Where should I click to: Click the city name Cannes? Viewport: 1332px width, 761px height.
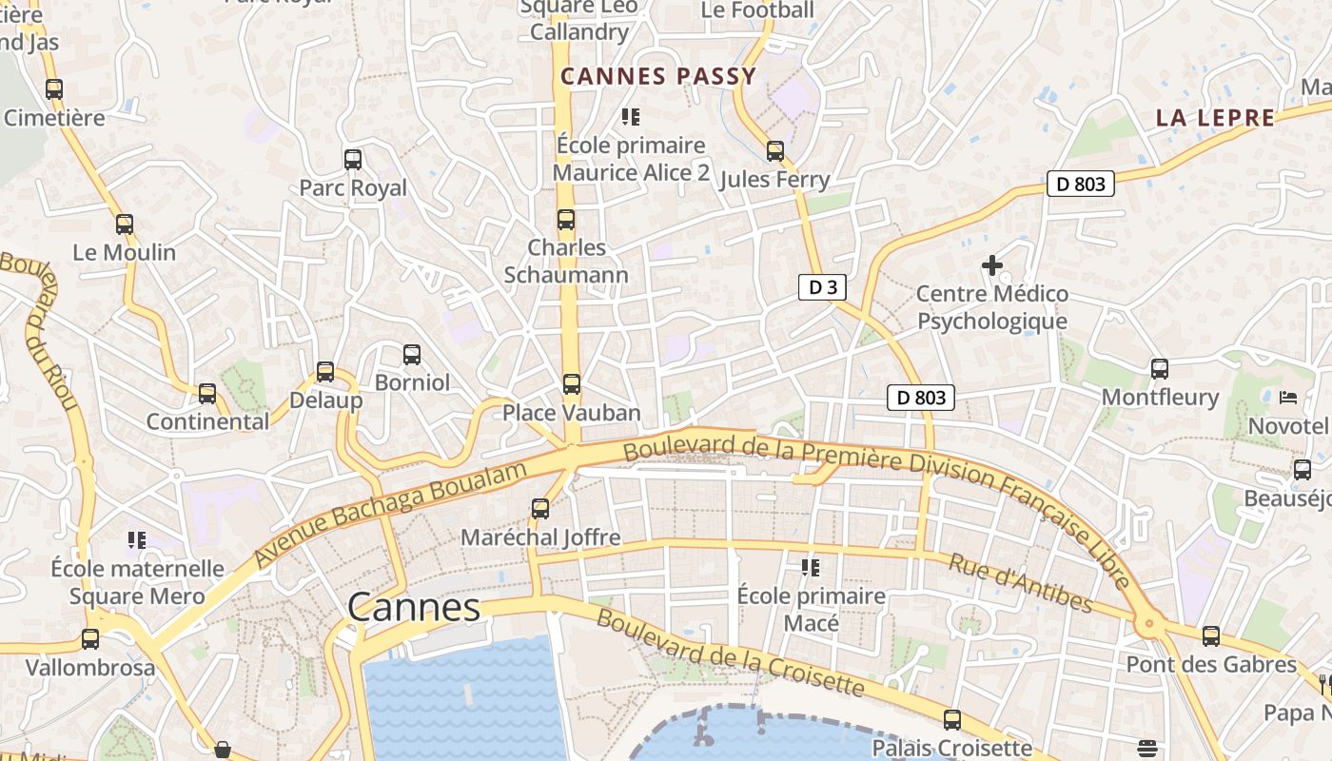pyautogui.click(x=414, y=607)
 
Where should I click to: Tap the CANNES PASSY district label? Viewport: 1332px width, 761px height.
pyautogui.click(x=658, y=77)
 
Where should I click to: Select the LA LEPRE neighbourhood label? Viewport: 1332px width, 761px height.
pyautogui.click(x=1215, y=118)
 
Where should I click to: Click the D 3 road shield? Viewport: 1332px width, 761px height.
pyautogui.click(x=822, y=288)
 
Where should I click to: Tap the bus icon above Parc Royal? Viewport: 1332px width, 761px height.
pyautogui.click(x=353, y=159)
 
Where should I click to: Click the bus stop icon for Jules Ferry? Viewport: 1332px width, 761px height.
pyautogui.click(x=775, y=150)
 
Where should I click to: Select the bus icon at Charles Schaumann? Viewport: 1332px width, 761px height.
pyautogui.click(x=566, y=220)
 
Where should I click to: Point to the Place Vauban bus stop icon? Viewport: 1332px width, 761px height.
pyautogui.click(x=572, y=384)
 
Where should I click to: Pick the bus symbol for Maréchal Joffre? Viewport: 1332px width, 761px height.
pyautogui.click(x=540, y=509)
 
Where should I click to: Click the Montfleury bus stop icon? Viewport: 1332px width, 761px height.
pyautogui.click(x=1160, y=368)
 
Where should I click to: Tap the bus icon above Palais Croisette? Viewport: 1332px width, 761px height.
pyautogui.click(x=952, y=720)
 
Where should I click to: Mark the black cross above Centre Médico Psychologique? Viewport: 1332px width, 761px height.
pyautogui.click(x=992, y=265)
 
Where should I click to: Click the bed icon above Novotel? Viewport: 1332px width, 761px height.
pyautogui.click(x=1288, y=397)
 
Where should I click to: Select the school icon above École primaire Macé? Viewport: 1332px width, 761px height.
pyautogui.click(x=811, y=568)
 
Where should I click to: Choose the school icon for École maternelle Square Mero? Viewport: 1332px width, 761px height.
pyautogui.click(x=137, y=540)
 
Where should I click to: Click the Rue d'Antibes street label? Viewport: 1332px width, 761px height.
pyautogui.click(x=1020, y=582)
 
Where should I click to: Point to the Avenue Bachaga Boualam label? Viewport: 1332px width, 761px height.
pyautogui.click(x=390, y=515)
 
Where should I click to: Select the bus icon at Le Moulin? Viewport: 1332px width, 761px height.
pyautogui.click(x=125, y=224)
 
